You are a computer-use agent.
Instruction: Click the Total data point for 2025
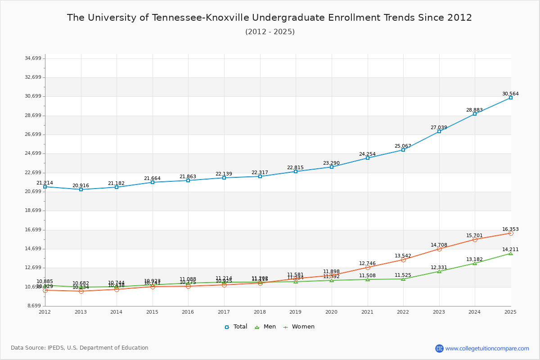(511, 98)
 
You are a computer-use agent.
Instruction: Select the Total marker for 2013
(81, 189)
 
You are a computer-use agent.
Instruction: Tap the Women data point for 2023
(439, 249)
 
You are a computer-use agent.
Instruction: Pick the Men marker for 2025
(511, 253)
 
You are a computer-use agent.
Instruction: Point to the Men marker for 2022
(403, 279)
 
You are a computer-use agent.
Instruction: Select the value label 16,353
(510, 229)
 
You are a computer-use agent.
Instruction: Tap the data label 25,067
(403, 146)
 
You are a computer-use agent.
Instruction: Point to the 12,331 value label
(439, 267)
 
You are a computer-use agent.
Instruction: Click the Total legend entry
(236, 327)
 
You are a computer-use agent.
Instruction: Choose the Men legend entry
(266, 327)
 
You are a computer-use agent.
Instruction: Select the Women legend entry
(299, 327)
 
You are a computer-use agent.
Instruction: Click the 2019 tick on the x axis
(296, 312)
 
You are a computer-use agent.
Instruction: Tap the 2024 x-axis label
(475, 312)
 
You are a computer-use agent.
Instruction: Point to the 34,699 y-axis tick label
(33, 58)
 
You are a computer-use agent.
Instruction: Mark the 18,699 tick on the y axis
(33, 211)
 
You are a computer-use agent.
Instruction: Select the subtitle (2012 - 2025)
(270, 32)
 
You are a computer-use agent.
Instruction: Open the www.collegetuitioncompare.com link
(487, 348)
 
